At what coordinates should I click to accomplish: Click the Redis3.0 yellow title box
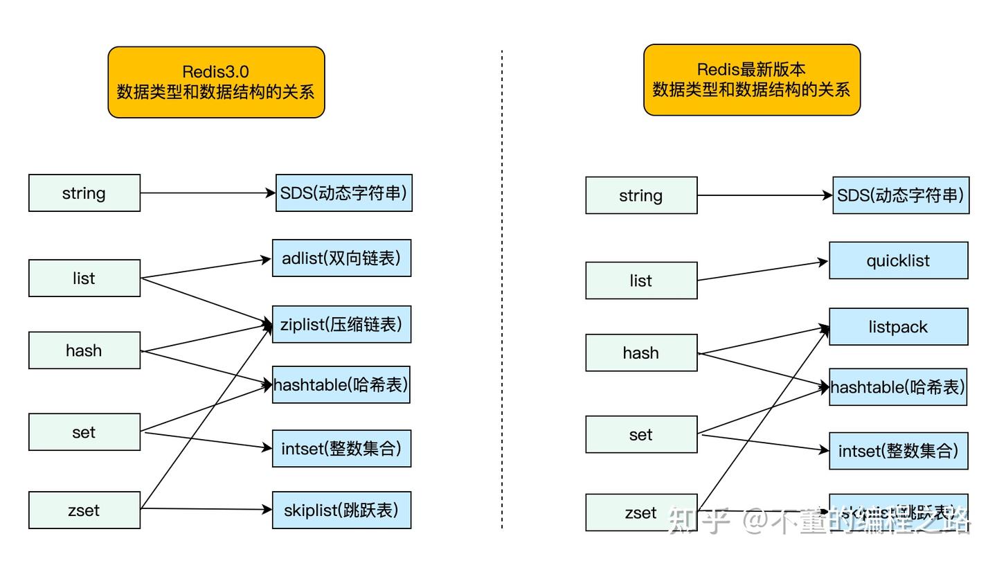tap(216, 82)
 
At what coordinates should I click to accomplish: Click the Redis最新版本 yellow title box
tap(751, 80)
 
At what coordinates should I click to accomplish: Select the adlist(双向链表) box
tap(341, 258)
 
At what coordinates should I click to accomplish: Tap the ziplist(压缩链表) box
tap(341, 324)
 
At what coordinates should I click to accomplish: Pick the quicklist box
tap(898, 260)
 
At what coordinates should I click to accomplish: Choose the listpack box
tap(898, 327)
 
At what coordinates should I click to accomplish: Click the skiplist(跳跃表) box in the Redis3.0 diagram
tap(341, 510)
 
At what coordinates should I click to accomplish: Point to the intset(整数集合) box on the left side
tap(341, 448)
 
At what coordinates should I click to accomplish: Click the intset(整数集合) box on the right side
tap(898, 451)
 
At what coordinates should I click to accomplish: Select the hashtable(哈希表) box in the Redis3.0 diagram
tap(341, 384)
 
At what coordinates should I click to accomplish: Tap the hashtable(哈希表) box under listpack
tap(898, 387)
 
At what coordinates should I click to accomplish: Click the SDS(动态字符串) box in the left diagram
tap(343, 193)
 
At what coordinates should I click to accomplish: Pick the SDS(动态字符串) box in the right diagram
tap(900, 195)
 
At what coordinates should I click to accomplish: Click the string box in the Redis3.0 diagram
tap(84, 193)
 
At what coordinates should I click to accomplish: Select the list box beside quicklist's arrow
tap(641, 280)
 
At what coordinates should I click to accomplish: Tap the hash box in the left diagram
tap(84, 350)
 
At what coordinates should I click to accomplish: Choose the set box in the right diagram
tap(641, 434)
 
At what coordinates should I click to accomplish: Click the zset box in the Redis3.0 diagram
tap(84, 510)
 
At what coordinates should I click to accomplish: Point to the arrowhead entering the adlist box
tap(266, 260)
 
